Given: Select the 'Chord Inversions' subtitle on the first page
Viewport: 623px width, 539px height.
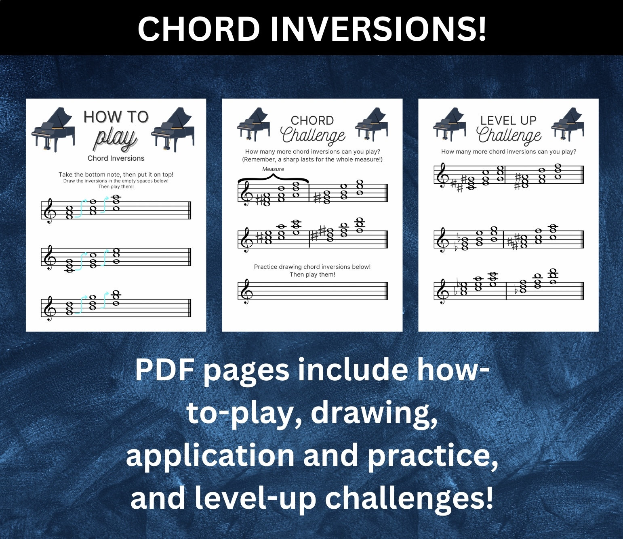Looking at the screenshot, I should pos(116,158).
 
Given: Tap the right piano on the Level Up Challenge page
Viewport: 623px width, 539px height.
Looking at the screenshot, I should pos(568,124).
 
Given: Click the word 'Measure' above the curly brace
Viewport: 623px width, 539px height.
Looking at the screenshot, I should pos(273,169).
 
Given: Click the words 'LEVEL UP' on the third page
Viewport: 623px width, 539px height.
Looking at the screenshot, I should pos(508,120).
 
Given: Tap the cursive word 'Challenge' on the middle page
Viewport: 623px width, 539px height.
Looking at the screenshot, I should pos(314,135).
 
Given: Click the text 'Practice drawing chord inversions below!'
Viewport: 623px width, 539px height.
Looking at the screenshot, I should pos(312,267).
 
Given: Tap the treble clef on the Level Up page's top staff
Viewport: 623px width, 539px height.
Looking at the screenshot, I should pos(442,175).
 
